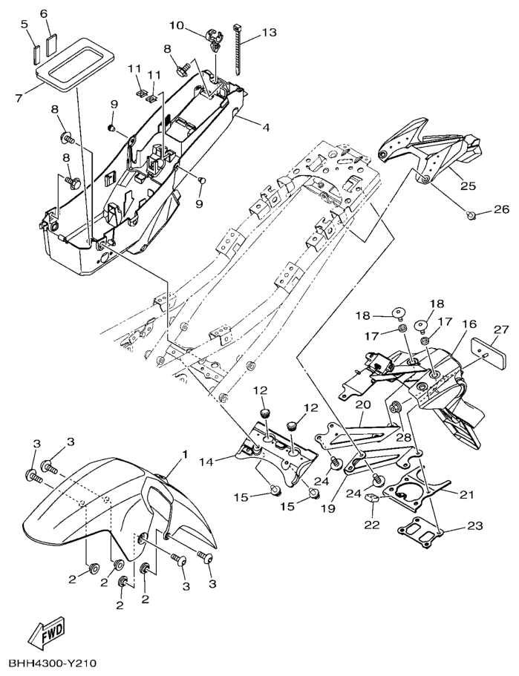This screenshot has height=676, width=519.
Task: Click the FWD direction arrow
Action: coord(45,632)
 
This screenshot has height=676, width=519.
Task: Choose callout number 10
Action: coord(176,25)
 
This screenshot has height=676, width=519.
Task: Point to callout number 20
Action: coord(362,405)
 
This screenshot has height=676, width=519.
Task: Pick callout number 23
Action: coord(474,526)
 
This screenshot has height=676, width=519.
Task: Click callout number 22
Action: coord(372,525)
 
